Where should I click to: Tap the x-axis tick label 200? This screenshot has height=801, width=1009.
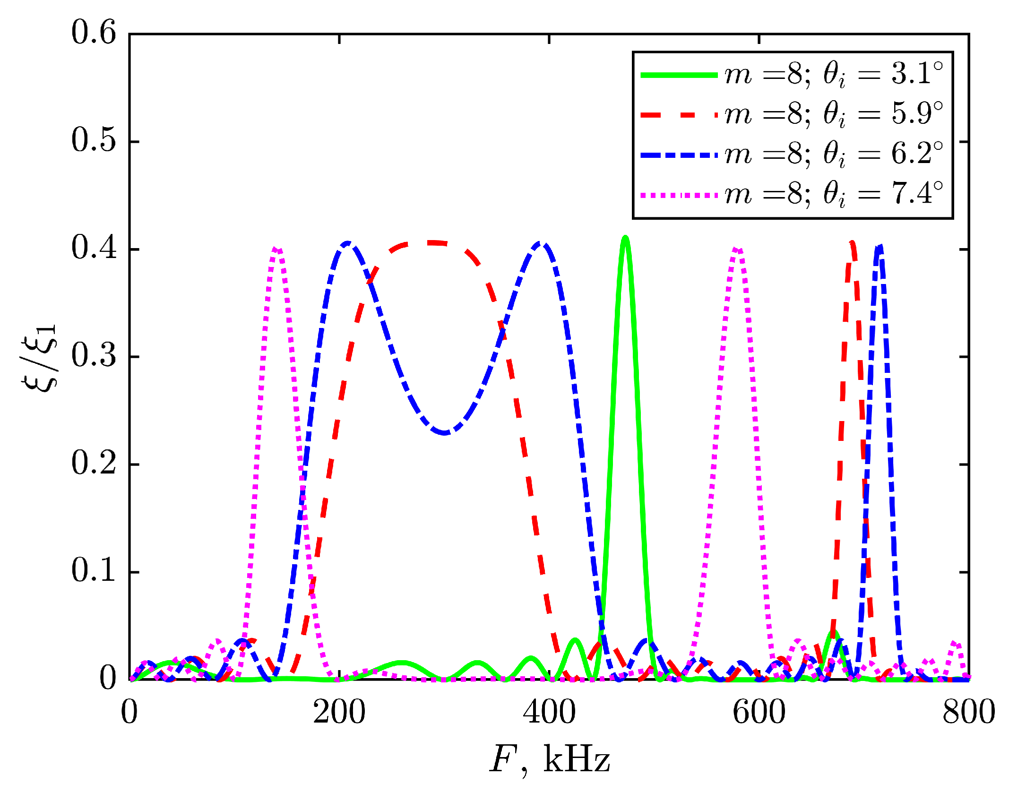coord(339,713)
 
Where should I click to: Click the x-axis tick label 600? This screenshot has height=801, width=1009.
coord(759,713)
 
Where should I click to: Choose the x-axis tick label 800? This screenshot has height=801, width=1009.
coord(968,713)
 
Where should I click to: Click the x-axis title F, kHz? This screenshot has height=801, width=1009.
coord(549,759)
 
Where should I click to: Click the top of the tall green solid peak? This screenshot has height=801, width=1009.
coord(625,237)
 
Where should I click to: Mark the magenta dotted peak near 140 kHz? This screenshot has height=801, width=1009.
coord(277,249)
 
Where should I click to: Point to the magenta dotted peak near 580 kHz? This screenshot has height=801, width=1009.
coord(737,249)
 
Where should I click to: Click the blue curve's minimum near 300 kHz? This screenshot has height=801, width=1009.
coord(444,432)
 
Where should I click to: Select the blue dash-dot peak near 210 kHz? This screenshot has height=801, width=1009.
coord(348,243)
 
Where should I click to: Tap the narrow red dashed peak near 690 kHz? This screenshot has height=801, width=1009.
coord(852,243)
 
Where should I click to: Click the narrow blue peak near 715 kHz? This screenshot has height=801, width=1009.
coord(879,246)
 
